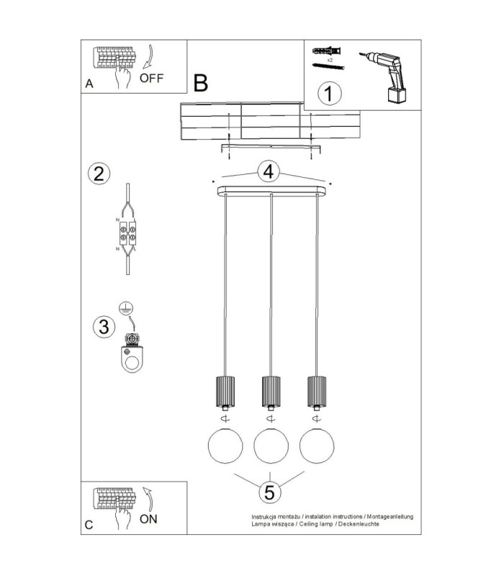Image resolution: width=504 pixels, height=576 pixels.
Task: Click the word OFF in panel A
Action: [151, 78]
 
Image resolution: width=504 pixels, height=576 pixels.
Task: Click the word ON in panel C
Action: [148, 519]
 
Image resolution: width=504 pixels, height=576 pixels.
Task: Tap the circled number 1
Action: [329, 94]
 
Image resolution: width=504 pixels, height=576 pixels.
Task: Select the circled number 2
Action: [99, 174]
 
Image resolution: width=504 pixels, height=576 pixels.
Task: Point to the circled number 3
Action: [104, 327]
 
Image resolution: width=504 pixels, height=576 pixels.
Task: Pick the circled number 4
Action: [269, 172]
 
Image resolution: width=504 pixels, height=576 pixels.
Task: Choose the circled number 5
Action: [269, 492]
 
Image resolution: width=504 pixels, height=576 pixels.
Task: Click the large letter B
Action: [201, 83]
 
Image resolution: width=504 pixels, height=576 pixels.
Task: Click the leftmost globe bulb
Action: [225, 445]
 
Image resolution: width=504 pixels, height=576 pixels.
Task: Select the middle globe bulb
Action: [271, 445]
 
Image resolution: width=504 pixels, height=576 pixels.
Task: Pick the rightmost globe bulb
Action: [317, 445]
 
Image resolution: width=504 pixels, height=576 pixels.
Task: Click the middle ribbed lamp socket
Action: [271, 392]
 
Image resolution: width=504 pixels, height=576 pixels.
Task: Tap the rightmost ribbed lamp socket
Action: [317, 392]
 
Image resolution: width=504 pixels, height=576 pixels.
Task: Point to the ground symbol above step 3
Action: [126, 309]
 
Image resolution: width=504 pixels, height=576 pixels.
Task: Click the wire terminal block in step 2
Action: [127, 233]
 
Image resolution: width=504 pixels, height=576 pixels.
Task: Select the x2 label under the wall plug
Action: [330, 60]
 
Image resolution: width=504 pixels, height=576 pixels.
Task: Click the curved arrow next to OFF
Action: [148, 57]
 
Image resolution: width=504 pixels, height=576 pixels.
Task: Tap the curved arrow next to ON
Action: [148, 499]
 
